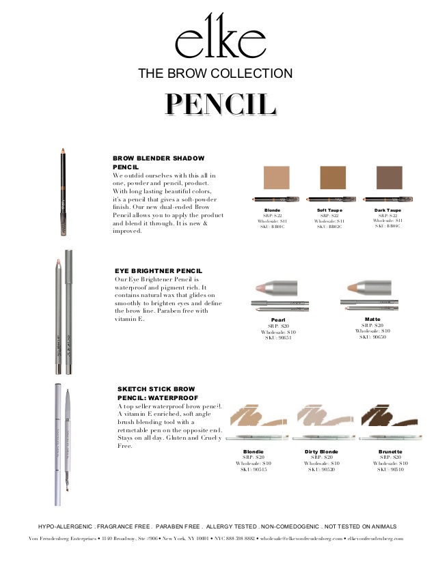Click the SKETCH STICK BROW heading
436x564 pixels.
pos(156,389)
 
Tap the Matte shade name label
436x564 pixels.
pos(372,319)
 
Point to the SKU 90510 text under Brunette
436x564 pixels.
pos(390,470)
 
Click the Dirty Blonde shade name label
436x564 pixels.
pos(322,451)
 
